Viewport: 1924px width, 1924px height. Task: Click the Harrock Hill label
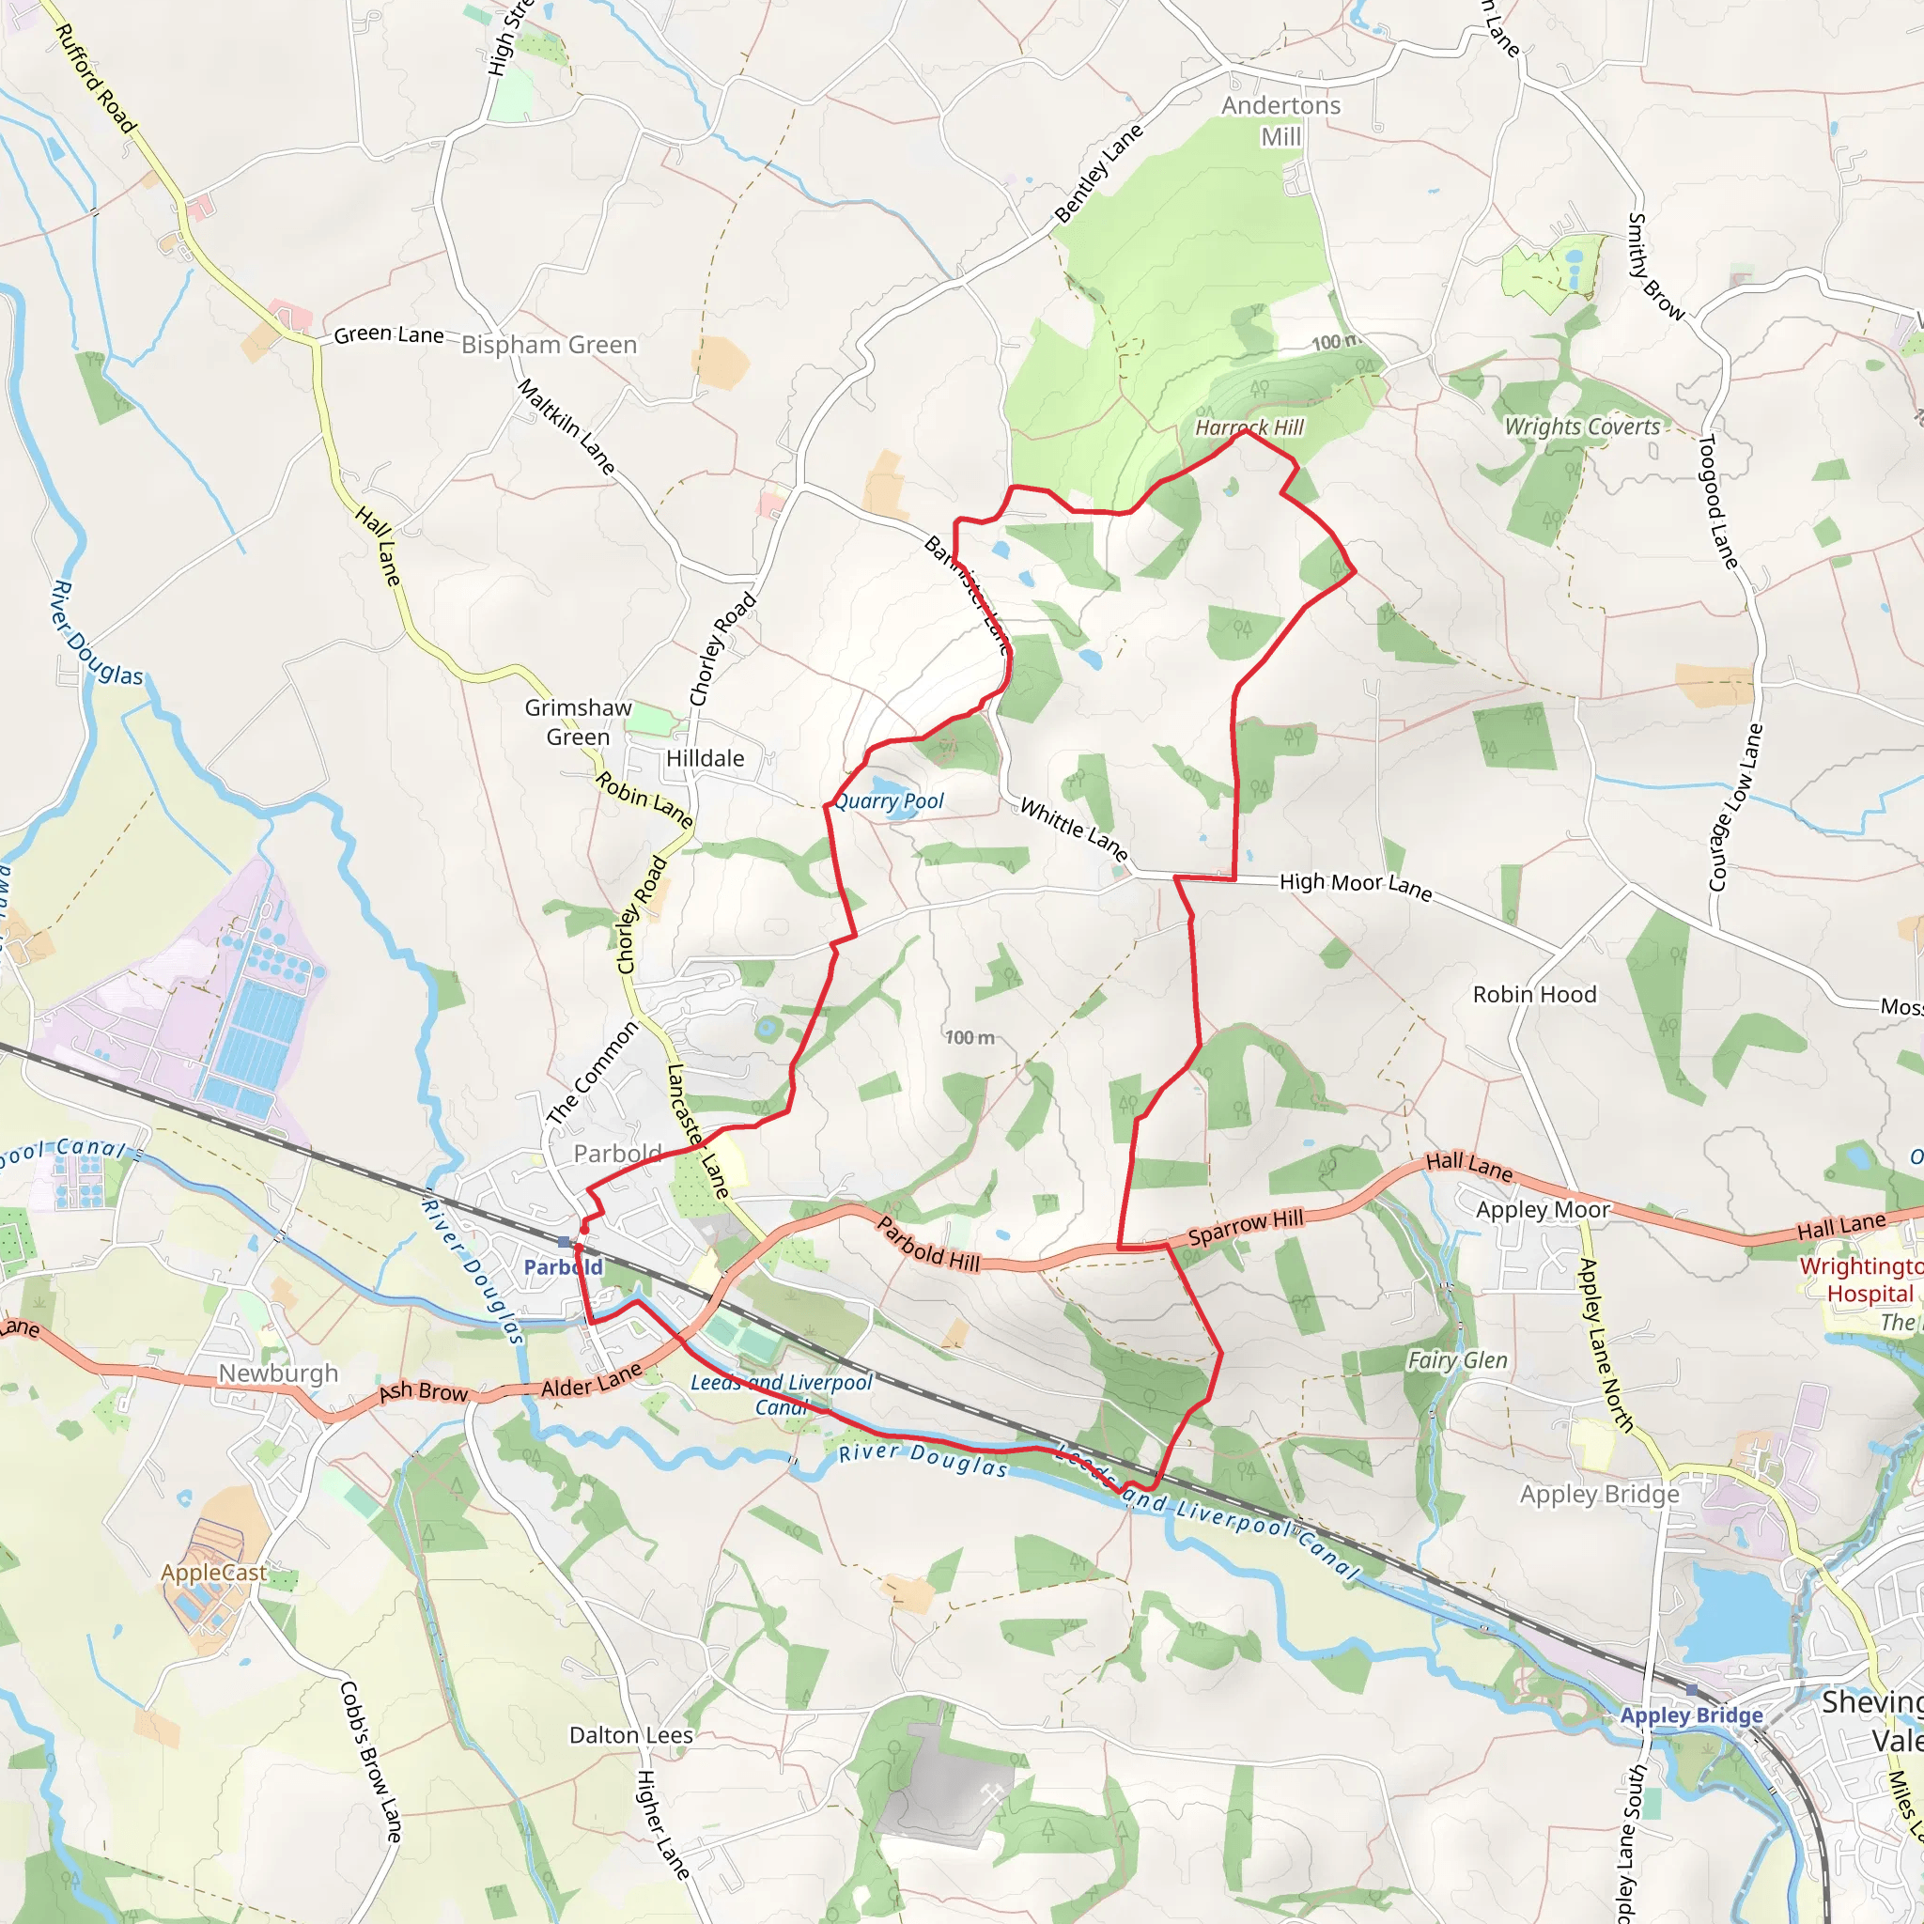coord(1249,427)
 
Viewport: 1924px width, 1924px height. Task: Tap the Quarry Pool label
coord(889,801)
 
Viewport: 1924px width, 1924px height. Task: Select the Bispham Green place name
coord(549,345)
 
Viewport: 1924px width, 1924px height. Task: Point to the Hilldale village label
coord(706,759)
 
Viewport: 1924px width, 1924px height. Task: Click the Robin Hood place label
coord(1535,995)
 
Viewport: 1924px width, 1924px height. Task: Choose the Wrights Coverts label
coord(1582,427)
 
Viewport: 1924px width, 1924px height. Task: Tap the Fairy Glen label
coord(1457,1360)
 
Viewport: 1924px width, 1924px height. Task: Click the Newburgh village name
coord(279,1373)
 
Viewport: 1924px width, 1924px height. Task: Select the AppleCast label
coord(214,1573)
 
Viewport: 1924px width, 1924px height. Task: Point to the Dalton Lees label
coord(631,1735)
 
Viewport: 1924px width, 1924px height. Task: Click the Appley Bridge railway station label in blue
coord(1691,1715)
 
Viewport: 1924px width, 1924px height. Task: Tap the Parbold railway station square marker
coord(565,1242)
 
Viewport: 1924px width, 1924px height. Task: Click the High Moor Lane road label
coord(1356,885)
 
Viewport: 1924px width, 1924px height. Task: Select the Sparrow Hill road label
coord(1246,1227)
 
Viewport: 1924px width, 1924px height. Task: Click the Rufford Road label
coord(95,78)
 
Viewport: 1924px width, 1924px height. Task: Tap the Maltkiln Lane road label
coord(566,427)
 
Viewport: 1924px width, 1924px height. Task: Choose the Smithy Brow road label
coord(1654,267)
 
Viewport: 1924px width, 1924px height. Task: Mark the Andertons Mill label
coord(1280,120)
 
